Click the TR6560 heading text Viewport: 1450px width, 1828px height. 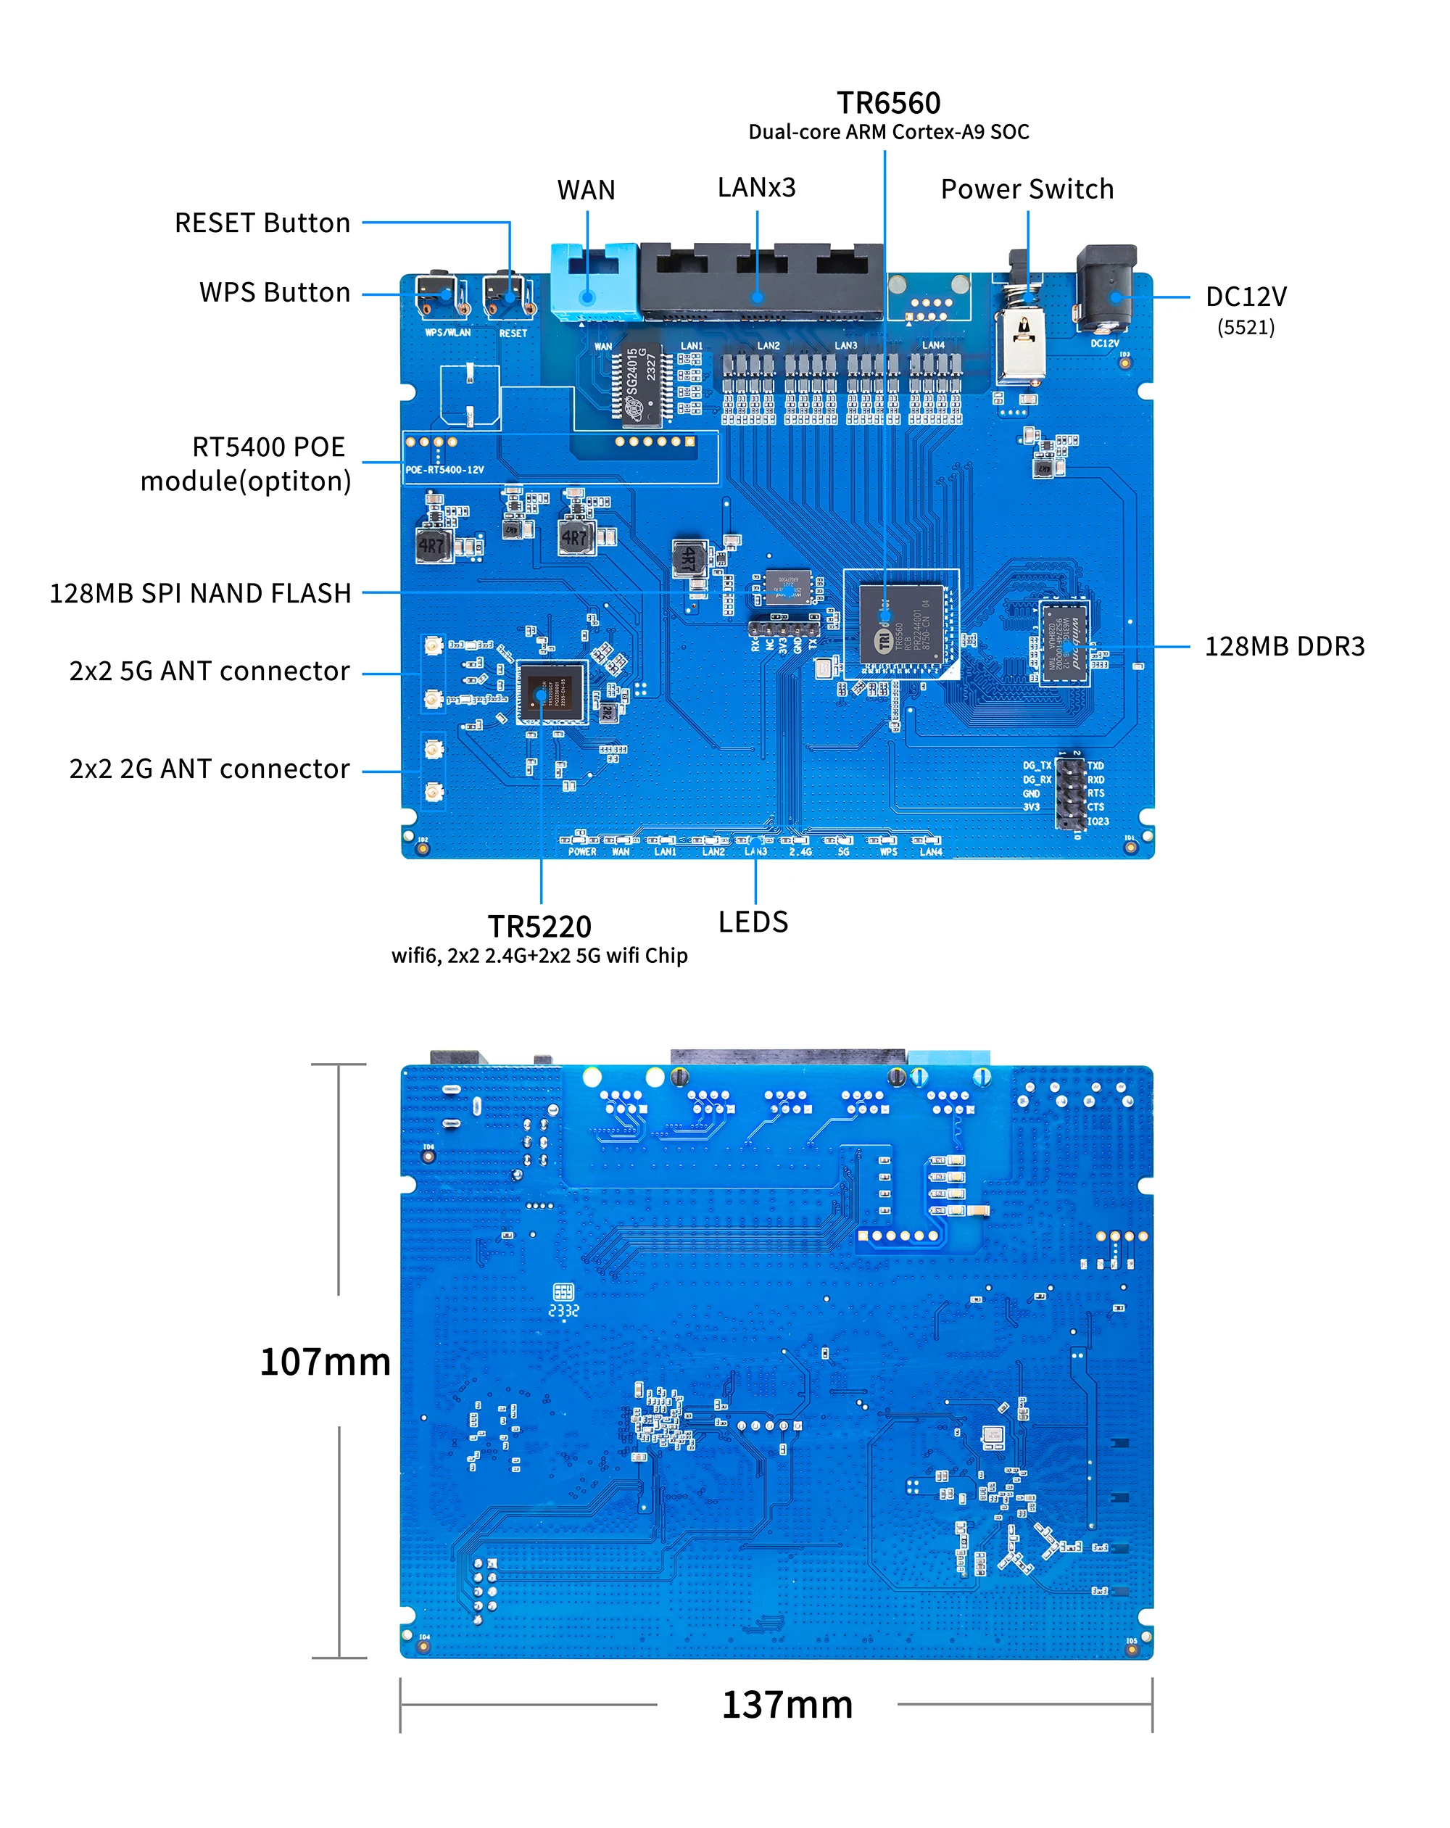(888, 102)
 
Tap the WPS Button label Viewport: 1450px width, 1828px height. (274, 291)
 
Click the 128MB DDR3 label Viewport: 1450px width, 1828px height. (1284, 646)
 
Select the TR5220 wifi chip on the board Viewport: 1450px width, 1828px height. (551, 692)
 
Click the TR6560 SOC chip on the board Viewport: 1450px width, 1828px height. (900, 622)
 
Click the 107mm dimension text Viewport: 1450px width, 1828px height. (325, 1362)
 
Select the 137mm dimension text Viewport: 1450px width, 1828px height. (786, 1704)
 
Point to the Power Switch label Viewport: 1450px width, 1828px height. (1026, 189)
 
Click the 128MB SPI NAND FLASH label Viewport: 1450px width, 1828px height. (200, 592)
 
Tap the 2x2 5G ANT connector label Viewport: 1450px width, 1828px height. (210, 671)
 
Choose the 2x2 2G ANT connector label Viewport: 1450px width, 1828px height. (210, 768)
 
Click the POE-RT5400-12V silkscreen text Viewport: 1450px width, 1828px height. (444, 470)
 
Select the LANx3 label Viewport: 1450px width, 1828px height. (755, 187)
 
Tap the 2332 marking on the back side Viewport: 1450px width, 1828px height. (563, 1310)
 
